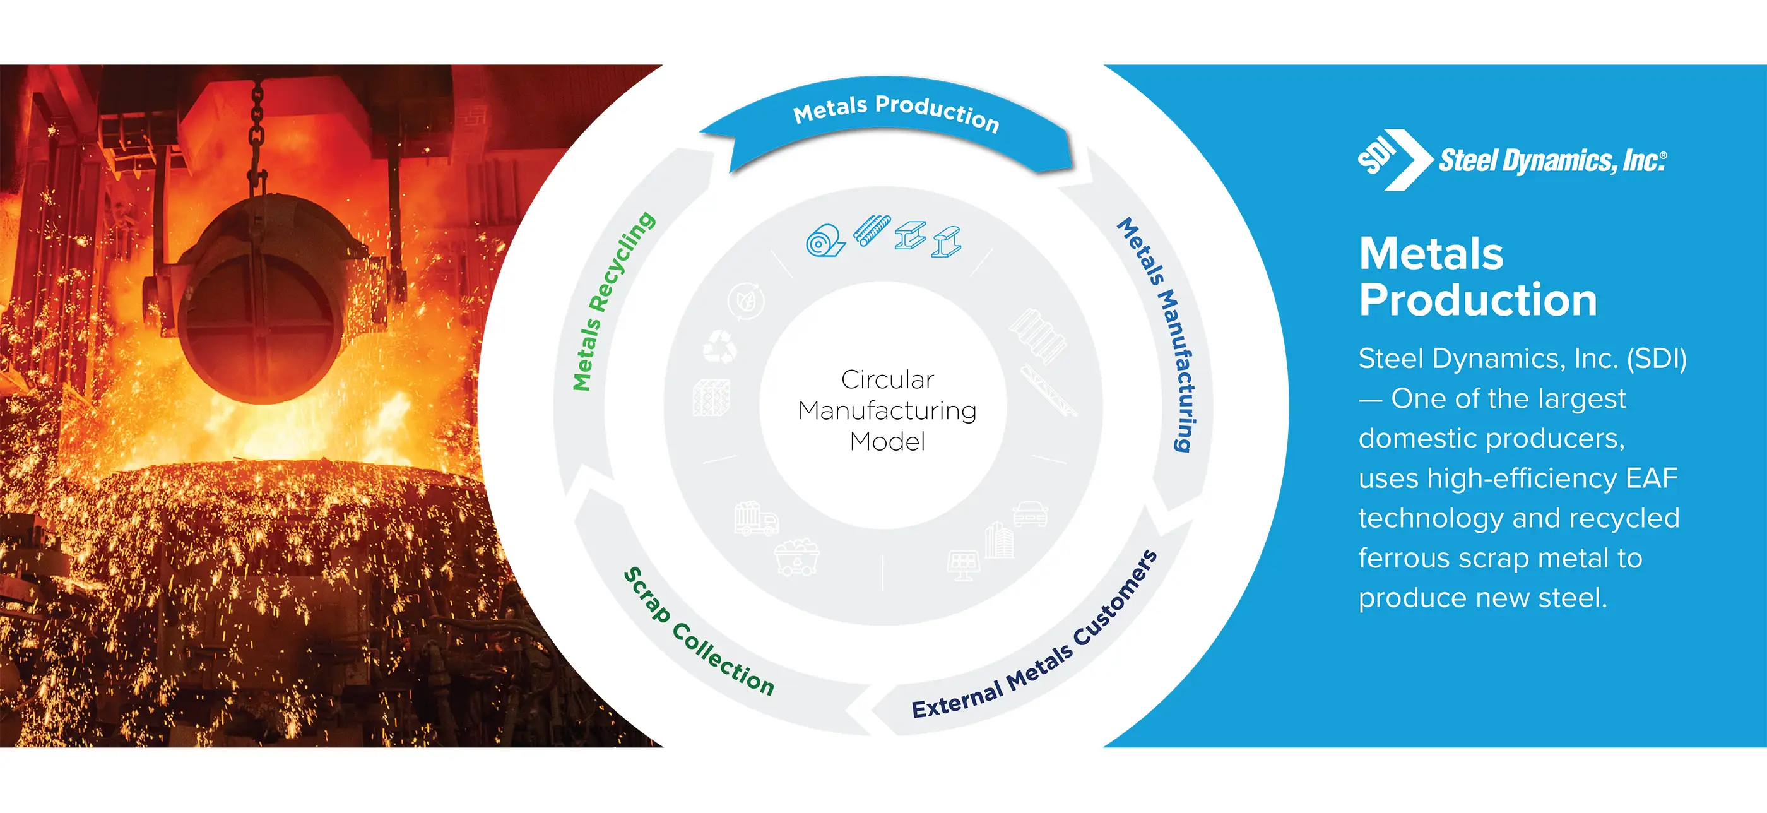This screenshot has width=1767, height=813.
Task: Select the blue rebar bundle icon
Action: click(x=872, y=230)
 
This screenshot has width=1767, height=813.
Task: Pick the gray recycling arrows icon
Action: click(x=719, y=346)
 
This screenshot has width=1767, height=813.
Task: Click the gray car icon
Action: click(x=1031, y=513)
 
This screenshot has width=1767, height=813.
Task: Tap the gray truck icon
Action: click(x=756, y=519)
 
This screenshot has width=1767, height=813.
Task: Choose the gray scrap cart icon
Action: click(x=797, y=556)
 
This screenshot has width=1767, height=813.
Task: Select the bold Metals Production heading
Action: click(x=1478, y=276)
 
